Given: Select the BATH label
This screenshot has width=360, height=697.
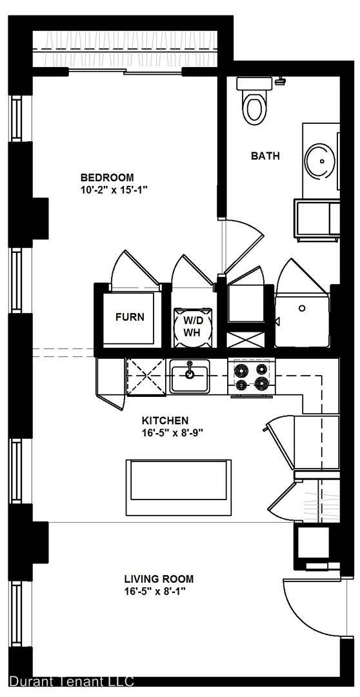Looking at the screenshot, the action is coord(265,156).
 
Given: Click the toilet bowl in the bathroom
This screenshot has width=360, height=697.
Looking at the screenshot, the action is coord(255,108).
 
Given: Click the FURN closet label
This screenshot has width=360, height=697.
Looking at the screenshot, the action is coord(130,317).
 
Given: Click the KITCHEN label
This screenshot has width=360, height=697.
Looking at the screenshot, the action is coord(165,420).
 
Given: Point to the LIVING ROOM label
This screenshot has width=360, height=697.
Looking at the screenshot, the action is coord(159,579).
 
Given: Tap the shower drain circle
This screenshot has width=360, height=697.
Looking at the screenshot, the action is coord(302,308).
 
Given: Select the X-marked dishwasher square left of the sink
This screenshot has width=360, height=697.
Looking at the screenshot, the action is coord(146,376).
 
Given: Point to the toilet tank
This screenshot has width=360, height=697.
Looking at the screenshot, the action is coord(255,83).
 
